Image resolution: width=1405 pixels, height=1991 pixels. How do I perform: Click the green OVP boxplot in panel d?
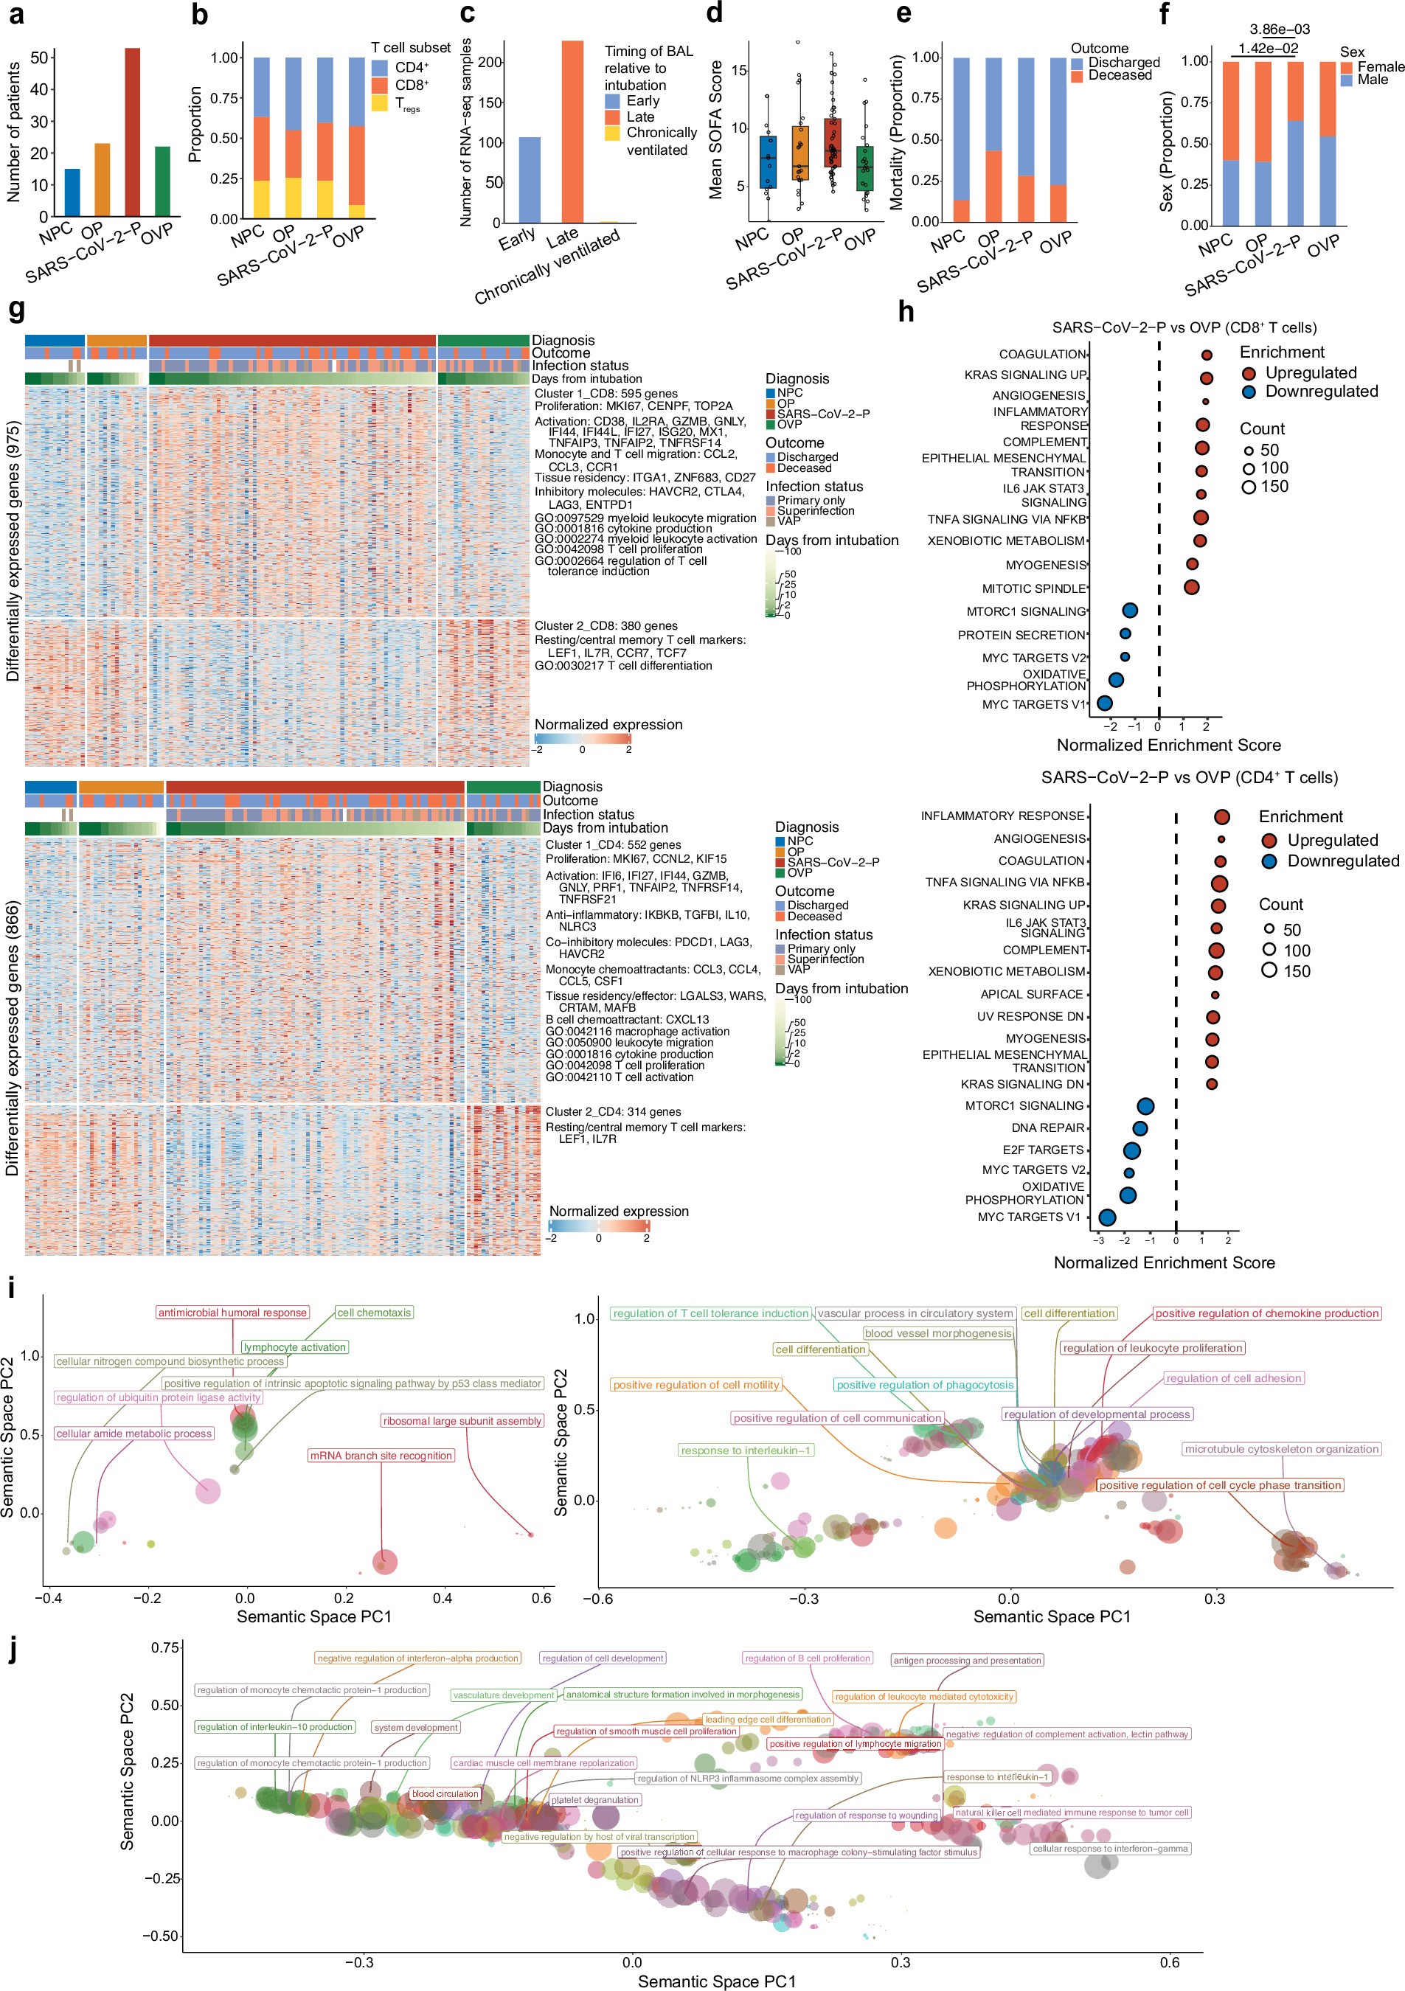(864, 167)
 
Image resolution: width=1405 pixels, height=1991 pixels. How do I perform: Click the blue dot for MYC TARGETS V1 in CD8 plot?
(1104, 703)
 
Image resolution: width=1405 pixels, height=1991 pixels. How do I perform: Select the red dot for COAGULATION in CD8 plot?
(1207, 355)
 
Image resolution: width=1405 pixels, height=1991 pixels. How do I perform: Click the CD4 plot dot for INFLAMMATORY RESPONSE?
(1222, 817)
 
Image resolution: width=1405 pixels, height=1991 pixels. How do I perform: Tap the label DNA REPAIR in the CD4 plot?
(1048, 1127)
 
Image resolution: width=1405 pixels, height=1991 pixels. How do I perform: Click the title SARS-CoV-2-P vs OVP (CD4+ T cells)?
(1189, 778)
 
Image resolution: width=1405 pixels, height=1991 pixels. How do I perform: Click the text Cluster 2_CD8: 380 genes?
(606, 625)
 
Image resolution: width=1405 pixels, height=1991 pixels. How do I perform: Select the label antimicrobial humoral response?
(232, 1313)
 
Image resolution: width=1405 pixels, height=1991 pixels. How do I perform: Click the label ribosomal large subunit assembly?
(462, 1420)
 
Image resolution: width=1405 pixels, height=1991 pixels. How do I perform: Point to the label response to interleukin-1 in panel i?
(746, 1450)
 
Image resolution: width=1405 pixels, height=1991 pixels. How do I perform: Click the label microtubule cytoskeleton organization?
(1281, 1449)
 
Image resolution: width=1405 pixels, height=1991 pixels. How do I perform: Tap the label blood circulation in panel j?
(445, 1793)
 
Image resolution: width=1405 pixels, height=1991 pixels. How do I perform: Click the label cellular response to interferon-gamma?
(1110, 1848)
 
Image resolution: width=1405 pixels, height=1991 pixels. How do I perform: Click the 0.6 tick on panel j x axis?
(1169, 1962)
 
